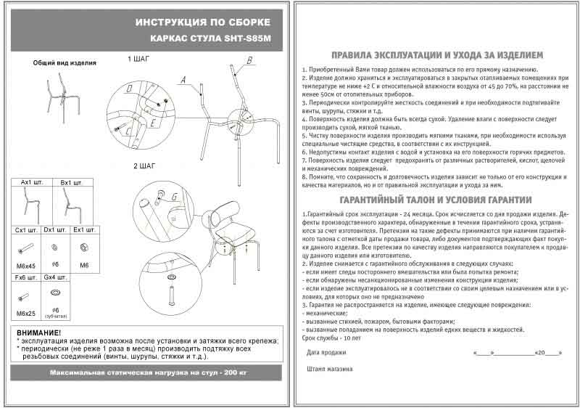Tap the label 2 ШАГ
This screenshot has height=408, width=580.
pos(145,166)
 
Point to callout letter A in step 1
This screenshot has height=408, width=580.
pos(184,79)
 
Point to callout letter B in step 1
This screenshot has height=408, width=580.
pos(249,60)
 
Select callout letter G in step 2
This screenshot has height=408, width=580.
pos(175,196)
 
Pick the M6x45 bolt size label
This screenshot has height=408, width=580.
pos(25,266)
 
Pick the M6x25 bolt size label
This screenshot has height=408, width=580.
pos(25,313)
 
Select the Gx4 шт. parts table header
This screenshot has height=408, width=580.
pos(55,277)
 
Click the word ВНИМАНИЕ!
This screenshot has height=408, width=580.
pos(38,332)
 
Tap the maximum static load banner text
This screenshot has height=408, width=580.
pos(148,372)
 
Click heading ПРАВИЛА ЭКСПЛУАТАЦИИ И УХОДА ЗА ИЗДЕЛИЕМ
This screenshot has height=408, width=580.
pos(436,55)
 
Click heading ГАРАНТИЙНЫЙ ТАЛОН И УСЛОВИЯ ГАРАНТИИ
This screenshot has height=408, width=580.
pos(436,200)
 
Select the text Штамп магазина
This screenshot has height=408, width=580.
pos(330,369)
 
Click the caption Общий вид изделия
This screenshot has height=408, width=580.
pos(65,63)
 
